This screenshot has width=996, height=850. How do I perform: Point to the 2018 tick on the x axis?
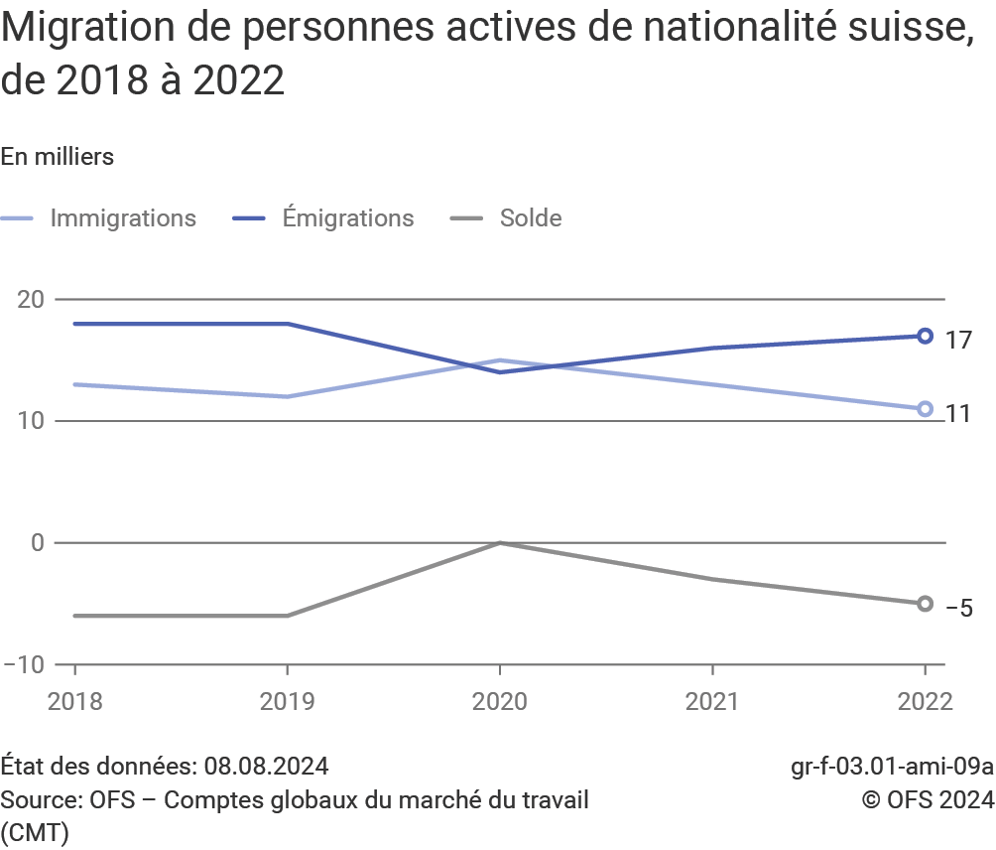point(74,701)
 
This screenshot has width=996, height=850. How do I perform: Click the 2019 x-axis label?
point(288,701)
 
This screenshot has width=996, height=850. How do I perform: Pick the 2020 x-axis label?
point(500,701)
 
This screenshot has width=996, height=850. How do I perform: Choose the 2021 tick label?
point(712,701)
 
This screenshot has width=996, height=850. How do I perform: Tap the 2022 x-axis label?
point(925,701)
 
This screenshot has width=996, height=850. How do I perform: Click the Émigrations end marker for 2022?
point(925,336)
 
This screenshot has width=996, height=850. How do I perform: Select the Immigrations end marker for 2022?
point(925,408)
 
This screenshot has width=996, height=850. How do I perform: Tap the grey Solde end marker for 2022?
point(925,604)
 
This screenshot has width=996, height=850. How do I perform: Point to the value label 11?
point(958,414)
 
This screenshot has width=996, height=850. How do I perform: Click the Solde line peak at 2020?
point(500,543)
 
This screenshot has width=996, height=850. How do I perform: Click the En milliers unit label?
point(58,157)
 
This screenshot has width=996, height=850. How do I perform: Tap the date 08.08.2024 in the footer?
point(267,767)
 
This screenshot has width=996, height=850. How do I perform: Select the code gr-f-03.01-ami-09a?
point(892,767)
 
